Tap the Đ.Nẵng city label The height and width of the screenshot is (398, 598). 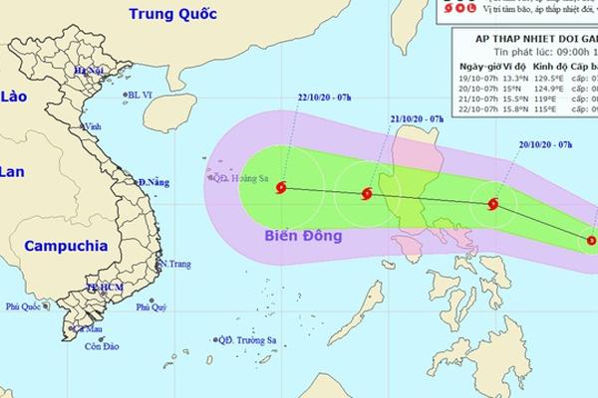(x=154, y=182)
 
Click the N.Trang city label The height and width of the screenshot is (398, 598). (x=176, y=264)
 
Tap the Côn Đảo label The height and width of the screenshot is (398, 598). (x=103, y=345)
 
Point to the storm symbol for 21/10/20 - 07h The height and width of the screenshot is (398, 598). (x=367, y=194)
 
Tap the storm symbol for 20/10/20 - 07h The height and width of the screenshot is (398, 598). (x=492, y=204)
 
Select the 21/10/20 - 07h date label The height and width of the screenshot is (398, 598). (x=416, y=118)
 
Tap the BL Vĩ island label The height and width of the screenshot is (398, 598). (x=141, y=95)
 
